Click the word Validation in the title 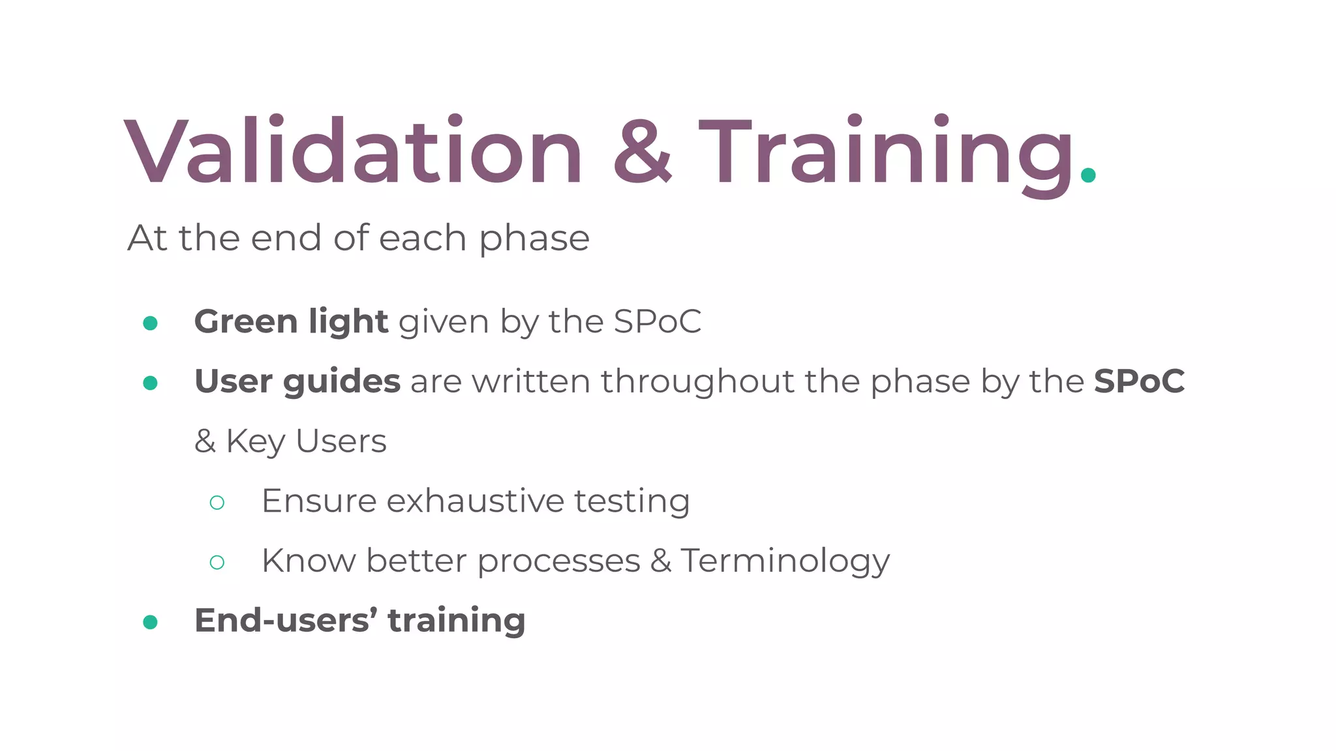[x=353, y=152]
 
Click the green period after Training [x=1088, y=175]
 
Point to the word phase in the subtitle [x=534, y=239]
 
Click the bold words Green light [x=291, y=322]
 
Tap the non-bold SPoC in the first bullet [x=657, y=321]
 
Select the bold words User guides [x=297, y=382]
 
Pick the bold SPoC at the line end [x=1139, y=381]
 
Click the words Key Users [x=306, y=442]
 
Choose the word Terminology [x=785, y=561]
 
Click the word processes [x=558, y=561]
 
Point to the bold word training [x=456, y=620]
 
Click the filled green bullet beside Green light [x=151, y=323]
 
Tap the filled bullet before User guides [x=151, y=383]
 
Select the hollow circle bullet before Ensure [x=217, y=503]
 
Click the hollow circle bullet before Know [x=217, y=562]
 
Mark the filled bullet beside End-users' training [x=151, y=622]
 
